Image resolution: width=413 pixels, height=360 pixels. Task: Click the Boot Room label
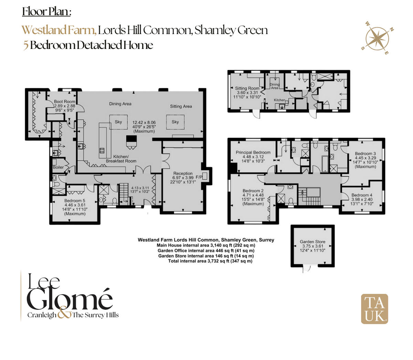(x=65, y=102)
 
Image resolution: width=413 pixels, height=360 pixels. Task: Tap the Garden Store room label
(x=312, y=242)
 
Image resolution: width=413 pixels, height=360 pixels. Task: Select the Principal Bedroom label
(x=253, y=152)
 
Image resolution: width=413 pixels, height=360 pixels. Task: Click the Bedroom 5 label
(x=75, y=201)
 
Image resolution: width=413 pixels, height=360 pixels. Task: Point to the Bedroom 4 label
(x=362, y=195)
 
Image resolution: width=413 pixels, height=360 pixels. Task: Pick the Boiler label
(x=58, y=167)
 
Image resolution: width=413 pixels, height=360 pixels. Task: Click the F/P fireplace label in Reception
(x=199, y=177)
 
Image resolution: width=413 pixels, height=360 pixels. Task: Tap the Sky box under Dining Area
(x=118, y=122)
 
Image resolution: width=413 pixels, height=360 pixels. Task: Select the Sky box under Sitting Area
(x=175, y=122)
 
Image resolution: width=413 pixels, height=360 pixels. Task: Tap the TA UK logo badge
(x=374, y=309)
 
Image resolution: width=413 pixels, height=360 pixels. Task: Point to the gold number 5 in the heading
(x=26, y=45)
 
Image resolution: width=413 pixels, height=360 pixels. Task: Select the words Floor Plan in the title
(x=46, y=12)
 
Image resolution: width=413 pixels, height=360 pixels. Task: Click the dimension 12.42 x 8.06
(x=144, y=122)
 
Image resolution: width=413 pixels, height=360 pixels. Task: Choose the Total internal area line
(x=210, y=261)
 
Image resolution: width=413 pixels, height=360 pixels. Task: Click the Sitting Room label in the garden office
(x=247, y=88)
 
